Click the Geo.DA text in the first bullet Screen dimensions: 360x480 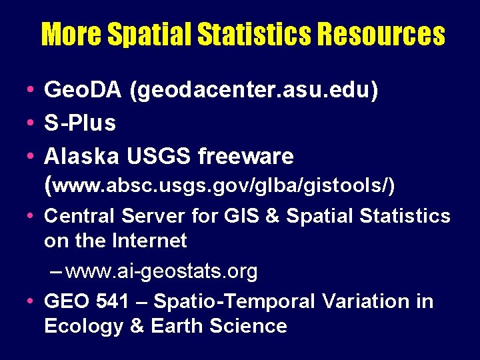(83, 90)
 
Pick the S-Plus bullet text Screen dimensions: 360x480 (80, 123)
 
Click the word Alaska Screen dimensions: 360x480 (81, 157)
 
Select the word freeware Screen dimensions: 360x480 (245, 157)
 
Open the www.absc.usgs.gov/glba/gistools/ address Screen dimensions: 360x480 (223, 187)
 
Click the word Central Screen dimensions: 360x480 (79, 217)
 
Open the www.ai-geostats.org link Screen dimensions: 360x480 (161, 271)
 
